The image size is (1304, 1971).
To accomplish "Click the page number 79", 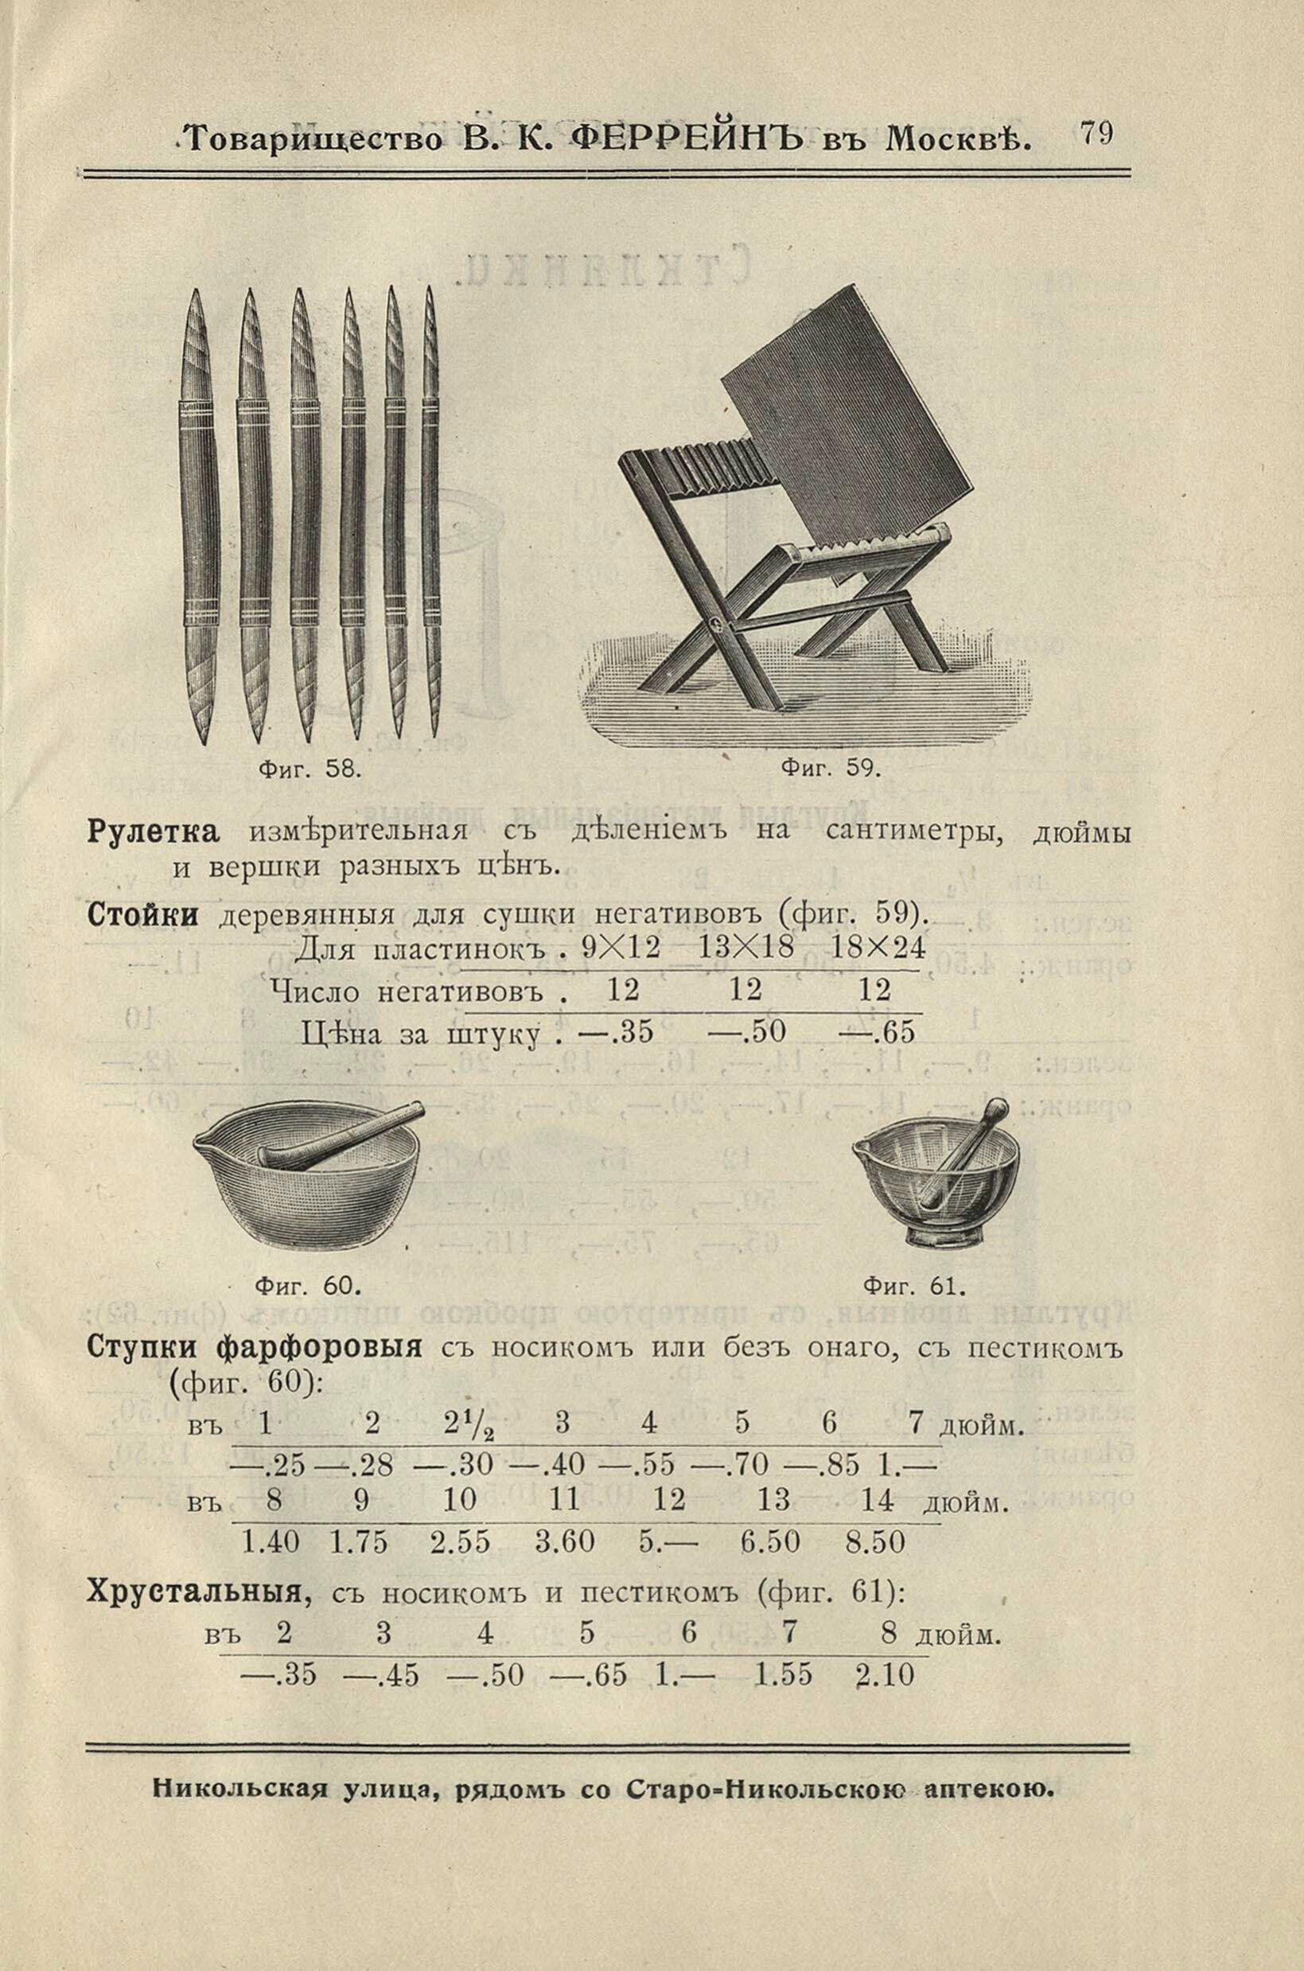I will tap(1097, 134).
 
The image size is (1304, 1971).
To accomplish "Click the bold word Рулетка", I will tap(153, 832).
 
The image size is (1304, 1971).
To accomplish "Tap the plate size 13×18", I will tap(746, 949).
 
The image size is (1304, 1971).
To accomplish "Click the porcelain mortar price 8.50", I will tap(875, 1543).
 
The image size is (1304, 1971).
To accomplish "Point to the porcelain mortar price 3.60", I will tap(565, 1543).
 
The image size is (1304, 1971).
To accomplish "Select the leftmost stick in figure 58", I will tap(200, 516).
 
